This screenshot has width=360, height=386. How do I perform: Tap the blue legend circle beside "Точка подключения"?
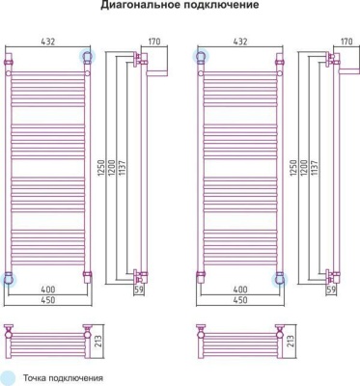[8, 377]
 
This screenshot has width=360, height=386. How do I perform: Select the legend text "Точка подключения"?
[63, 378]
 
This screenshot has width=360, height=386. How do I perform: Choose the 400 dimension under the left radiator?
[46, 289]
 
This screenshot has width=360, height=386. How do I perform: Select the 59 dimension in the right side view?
[333, 289]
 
